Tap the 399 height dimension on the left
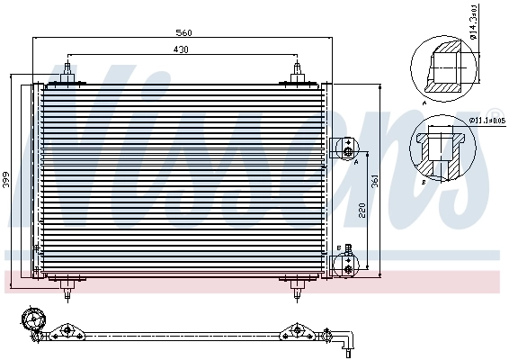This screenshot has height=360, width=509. tap(8, 178)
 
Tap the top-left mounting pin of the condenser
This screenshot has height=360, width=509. tap(69, 72)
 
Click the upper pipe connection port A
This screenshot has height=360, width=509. tap(346, 147)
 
